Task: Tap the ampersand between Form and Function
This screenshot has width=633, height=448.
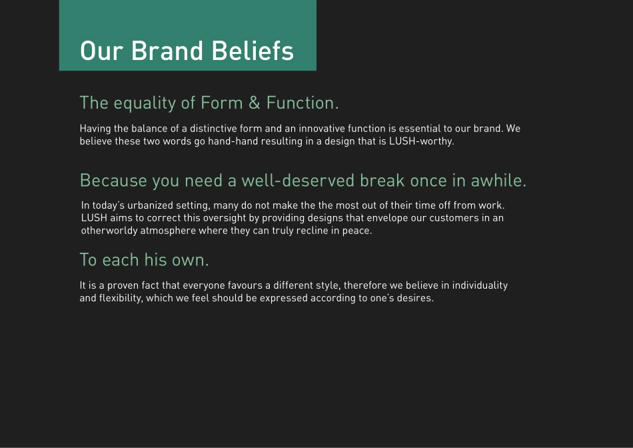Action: point(254,103)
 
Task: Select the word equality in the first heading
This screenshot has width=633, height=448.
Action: point(145,103)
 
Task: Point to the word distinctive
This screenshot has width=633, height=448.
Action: point(214,128)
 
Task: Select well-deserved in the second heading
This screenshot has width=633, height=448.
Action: point(298,181)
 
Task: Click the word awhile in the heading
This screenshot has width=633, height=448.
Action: point(498,181)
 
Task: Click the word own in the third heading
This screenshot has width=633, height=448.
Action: point(190,259)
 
